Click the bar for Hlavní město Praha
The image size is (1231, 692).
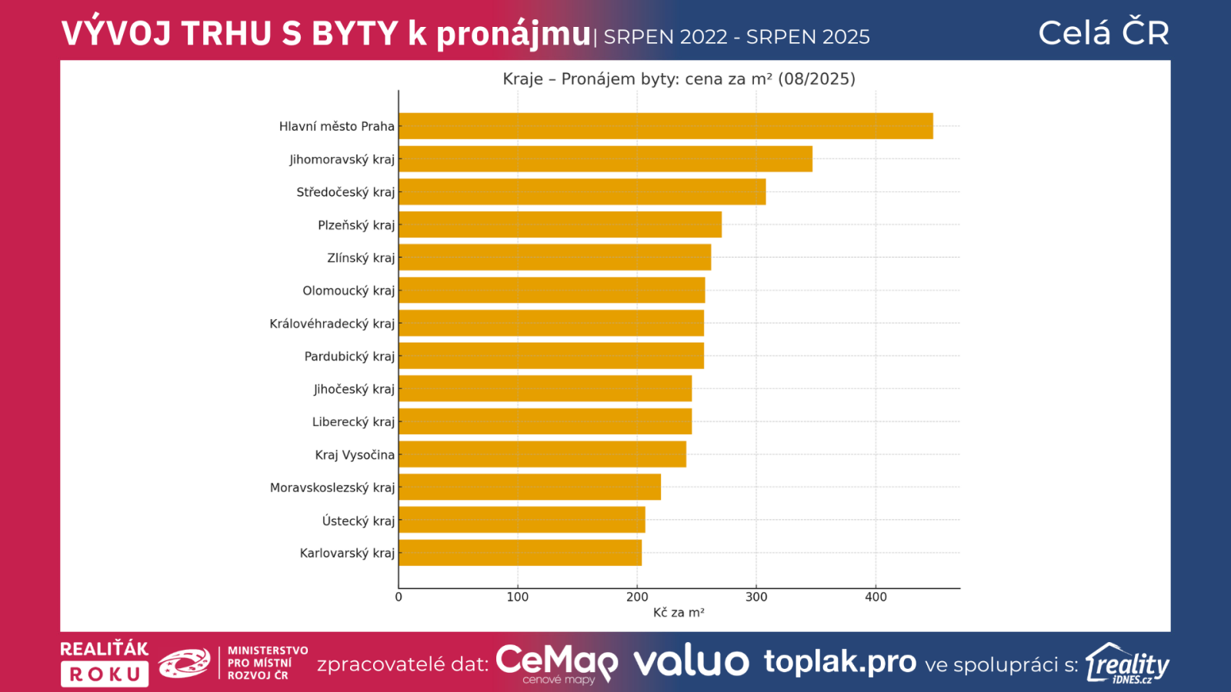(x=666, y=126)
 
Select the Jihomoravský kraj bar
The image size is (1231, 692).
(x=605, y=159)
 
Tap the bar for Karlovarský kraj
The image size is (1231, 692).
(x=520, y=553)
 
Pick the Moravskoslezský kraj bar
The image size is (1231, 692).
(x=529, y=487)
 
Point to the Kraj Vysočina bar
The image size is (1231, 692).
(x=542, y=454)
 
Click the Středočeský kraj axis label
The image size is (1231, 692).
(x=345, y=192)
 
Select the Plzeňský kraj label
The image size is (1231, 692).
(x=356, y=225)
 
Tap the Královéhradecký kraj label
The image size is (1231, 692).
(x=332, y=324)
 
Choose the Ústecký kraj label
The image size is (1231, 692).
(x=358, y=521)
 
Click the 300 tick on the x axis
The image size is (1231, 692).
(x=756, y=597)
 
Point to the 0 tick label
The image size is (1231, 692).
(x=399, y=597)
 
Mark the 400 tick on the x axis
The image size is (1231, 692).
(x=876, y=597)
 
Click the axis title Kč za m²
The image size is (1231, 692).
(x=679, y=613)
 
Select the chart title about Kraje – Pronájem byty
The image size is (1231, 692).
(x=679, y=79)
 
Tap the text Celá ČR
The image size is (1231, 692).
(x=1103, y=33)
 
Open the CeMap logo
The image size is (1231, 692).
(x=556, y=664)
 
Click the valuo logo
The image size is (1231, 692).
(x=691, y=662)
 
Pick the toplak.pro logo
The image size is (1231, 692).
(x=839, y=662)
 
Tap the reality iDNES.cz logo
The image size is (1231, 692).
(x=1127, y=664)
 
